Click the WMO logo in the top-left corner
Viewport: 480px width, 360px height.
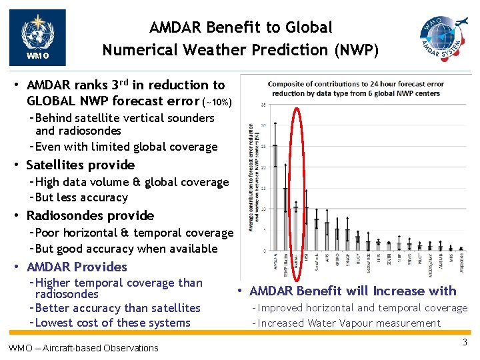(x=37, y=37)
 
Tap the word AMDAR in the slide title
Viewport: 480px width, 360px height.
(x=176, y=28)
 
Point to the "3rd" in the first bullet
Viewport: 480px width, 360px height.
(x=119, y=85)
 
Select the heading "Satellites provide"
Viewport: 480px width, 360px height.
(x=80, y=165)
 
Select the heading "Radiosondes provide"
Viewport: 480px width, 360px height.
(x=90, y=215)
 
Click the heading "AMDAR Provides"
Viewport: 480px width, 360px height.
(x=76, y=267)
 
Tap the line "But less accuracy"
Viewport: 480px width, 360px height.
(x=81, y=197)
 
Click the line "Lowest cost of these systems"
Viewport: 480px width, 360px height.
(x=113, y=323)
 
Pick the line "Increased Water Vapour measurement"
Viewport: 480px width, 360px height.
(x=349, y=323)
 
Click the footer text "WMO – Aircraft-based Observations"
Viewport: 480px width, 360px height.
(x=83, y=347)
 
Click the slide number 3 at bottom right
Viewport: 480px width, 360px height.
(x=465, y=343)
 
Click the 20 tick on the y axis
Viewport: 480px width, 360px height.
(x=265, y=167)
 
